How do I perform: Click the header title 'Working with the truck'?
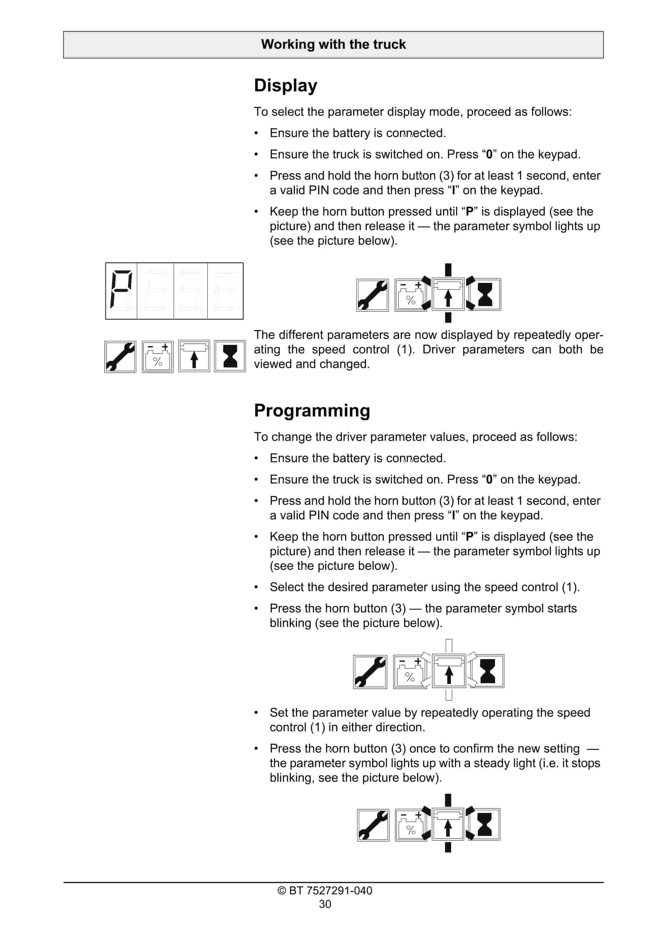(333, 44)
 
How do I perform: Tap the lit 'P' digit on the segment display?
(121, 290)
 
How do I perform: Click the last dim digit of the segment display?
(225, 290)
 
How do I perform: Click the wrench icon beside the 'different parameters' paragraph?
(120, 357)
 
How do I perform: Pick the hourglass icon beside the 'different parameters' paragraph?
(230, 356)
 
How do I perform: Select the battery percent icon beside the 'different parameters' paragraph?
(158, 357)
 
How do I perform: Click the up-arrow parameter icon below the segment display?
(194, 356)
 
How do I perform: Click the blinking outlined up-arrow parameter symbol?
(449, 671)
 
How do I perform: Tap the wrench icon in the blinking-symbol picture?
(370, 671)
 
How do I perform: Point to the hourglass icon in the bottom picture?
(485, 824)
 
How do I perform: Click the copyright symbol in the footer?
(282, 890)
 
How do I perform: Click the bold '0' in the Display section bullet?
(489, 155)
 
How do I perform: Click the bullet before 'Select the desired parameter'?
(256, 587)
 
